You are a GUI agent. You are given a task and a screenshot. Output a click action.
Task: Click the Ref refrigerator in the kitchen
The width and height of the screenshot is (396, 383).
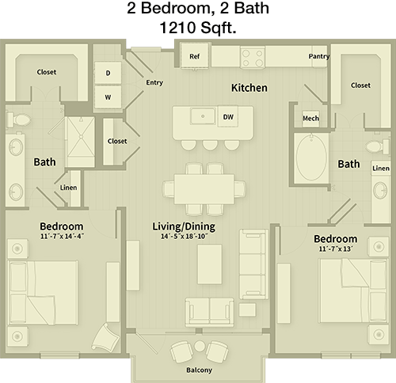click(x=195, y=56)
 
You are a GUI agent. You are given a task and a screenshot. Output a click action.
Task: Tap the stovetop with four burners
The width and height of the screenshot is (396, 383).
click(x=253, y=57)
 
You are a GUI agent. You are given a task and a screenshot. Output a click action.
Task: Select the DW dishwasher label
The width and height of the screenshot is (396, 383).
click(x=228, y=116)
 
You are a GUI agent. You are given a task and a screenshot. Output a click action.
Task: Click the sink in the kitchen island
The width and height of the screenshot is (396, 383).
click(x=203, y=116)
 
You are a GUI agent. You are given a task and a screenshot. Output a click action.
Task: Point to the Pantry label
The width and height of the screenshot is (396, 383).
click(x=319, y=56)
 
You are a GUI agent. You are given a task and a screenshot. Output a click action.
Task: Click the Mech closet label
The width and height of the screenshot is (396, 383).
click(x=310, y=118)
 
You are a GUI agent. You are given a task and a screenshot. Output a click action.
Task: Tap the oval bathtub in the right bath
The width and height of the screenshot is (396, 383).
click(x=311, y=157)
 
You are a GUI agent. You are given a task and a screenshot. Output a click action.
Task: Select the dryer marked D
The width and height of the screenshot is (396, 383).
click(x=108, y=73)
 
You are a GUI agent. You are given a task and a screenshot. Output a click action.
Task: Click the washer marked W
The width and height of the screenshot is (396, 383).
click(x=108, y=97)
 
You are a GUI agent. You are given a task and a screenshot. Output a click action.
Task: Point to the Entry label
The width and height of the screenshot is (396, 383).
click(x=154, y=82)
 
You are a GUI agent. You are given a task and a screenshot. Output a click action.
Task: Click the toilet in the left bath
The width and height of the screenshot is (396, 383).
click(x=18, y=119)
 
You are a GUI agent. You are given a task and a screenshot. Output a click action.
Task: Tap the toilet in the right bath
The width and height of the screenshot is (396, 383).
click(x=378, y=146)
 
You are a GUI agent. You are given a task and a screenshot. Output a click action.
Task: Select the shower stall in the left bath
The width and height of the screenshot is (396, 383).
click(x=80, y=142)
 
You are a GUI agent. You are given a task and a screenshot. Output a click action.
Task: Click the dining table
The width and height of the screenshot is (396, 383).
click(x=204, y=188)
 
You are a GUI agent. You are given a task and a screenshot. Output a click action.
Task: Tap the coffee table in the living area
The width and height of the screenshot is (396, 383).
click(x=210, y=264)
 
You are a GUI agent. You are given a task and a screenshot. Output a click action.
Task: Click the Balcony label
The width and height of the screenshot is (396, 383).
click(x=199, y=370)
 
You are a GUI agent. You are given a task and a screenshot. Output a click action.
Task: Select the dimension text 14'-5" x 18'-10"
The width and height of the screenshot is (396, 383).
click(x=185, y=237)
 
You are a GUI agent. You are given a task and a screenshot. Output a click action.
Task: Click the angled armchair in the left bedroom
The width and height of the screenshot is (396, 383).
click(x=105, y=337)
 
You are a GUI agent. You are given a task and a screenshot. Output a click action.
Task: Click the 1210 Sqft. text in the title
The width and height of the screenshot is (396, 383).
click(x=198, y=28)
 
